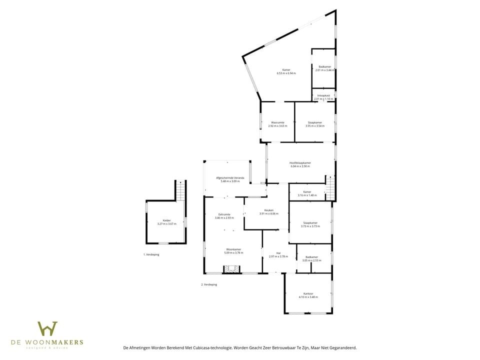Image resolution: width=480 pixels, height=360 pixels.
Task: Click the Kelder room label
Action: tap(166, 220)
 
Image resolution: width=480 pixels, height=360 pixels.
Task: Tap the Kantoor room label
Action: tap(308, 293)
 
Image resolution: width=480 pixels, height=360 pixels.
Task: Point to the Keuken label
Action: tap(268, 210)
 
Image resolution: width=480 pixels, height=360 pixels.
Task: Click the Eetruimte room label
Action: tap(224, 214)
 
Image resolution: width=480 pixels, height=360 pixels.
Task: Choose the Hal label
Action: tap(278, 253)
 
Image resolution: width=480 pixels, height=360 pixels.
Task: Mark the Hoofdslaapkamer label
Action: tap(300, 162)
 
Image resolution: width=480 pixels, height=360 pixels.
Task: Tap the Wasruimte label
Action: tap(277, 122)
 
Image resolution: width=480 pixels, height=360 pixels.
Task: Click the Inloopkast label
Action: tap(323, 95)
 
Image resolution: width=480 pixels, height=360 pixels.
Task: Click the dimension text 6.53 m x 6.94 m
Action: tap(286, 73)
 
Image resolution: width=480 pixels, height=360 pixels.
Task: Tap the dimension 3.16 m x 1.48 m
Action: tap(307, 195)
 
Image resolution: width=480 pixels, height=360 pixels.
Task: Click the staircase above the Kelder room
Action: tap(181, 190)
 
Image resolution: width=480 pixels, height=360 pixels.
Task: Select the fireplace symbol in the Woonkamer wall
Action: tap(231, 269)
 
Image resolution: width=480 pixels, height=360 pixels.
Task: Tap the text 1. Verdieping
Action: tap(151, 254)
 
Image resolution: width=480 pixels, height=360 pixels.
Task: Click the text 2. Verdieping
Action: tap(209, 284)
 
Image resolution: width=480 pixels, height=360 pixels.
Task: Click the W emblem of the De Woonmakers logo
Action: tap(47, 329)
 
